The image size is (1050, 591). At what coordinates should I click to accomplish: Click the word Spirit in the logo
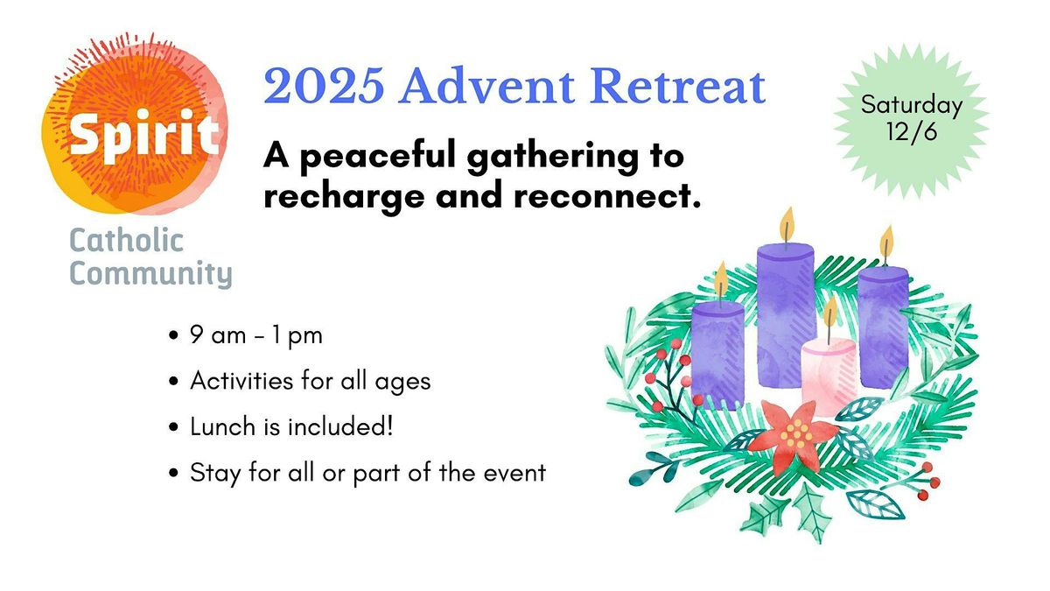pos(143,135)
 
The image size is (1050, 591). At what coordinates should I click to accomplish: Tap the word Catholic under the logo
pos(126,241)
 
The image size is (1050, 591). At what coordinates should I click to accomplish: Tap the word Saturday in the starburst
pos(911,106)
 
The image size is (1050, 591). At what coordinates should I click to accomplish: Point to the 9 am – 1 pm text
pos(256,336)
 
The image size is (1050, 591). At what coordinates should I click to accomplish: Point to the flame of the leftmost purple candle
pos(721,278)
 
